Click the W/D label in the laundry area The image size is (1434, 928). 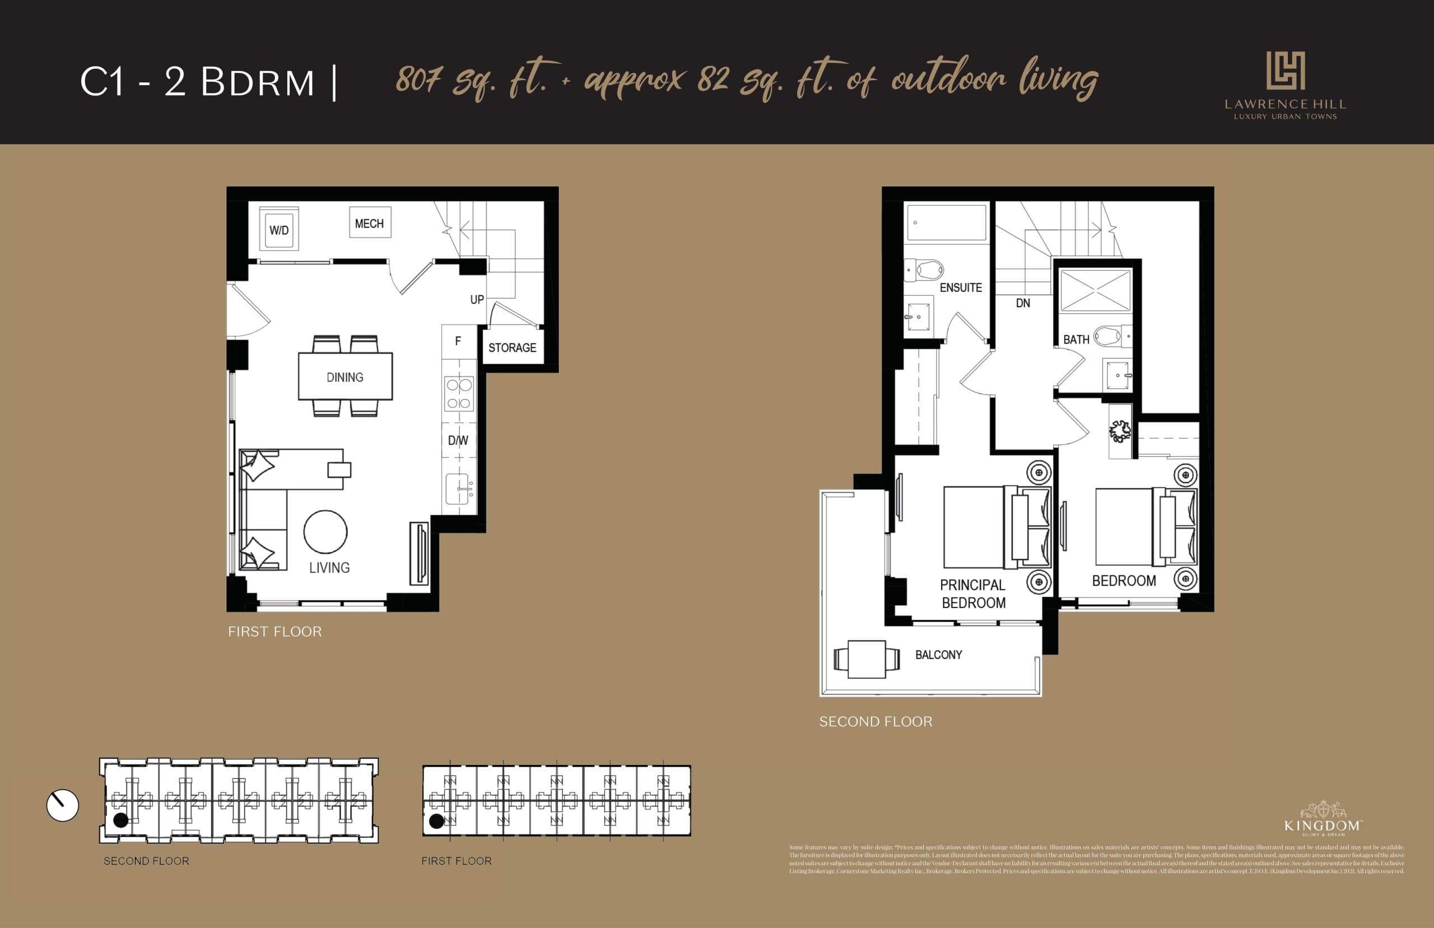pos(279,230)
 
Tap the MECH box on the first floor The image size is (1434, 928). pos(369,224)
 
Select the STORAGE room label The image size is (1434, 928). pos(512,347)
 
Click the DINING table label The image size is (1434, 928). pos(344,377)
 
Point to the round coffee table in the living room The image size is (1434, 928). pos(325,532)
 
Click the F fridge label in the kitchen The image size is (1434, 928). pos(458,341)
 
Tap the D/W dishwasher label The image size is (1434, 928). pos(458,440)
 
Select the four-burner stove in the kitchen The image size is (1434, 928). pos(459,394)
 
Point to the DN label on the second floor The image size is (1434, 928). pos(1023,303)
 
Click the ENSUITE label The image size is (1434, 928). pos(961,287)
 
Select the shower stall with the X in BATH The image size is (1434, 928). pos(1096,290)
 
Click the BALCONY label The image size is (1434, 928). pos(938,655)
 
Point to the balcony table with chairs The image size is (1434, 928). pos(867,659)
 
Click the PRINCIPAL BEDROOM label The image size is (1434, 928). pos(972,593)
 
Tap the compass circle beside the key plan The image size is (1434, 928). pos(63,805)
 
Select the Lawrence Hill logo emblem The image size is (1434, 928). pos(1284,71)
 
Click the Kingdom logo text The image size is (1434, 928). pos(1322,825)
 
